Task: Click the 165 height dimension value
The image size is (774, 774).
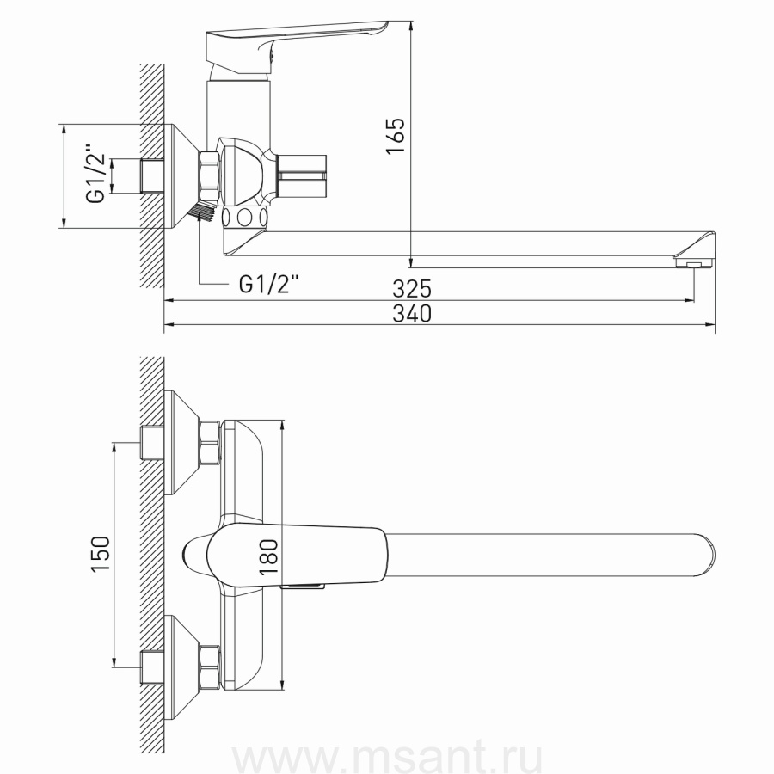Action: (396, 136)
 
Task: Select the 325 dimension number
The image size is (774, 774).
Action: (412, 289)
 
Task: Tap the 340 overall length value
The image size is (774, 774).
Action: (412, 313)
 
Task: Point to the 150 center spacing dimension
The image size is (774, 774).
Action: (101, 554)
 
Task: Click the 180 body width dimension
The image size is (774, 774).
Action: (268, 556)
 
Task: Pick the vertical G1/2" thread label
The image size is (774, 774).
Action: (95, 174)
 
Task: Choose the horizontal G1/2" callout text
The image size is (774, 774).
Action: (269, 285)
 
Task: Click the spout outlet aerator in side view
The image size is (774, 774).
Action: (694, 265)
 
